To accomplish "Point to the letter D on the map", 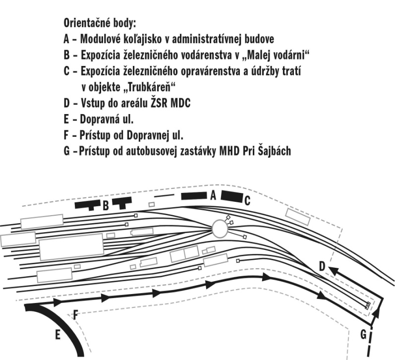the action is [x=322, y=267].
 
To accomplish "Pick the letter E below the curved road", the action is [x=57, y=336].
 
